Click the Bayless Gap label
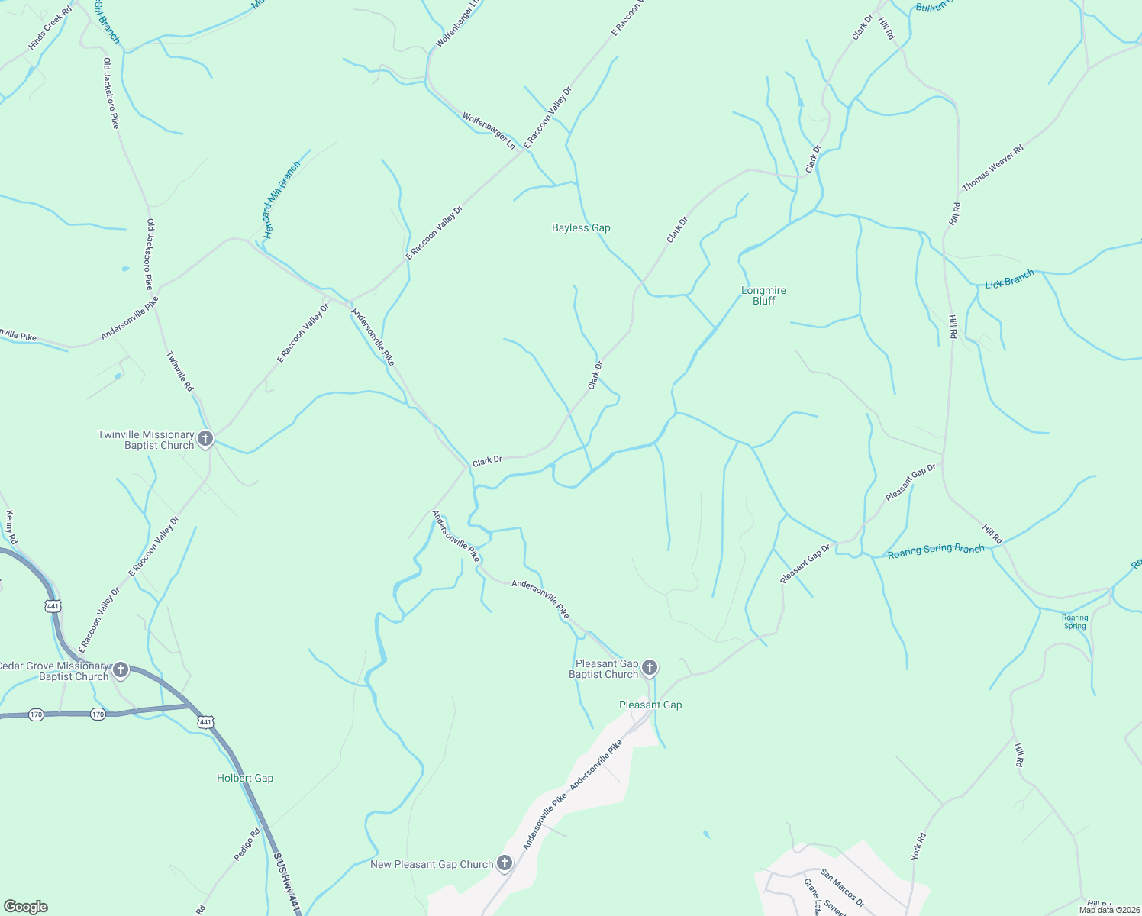click(581, 227)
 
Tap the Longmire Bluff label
click(763, 295)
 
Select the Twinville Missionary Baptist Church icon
click(205, 439)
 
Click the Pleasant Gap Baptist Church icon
click(650, 668)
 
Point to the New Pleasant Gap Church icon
click(504, 863)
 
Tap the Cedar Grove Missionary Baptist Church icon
click(121, 670)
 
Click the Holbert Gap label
click(245, 778)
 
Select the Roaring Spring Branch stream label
click(936, 550)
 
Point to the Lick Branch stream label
click(1009, 280)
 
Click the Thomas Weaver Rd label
click(992, 169)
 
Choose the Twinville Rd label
click(181, 372)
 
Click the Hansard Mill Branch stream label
click(282, 200)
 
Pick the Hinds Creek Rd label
click(50, 30)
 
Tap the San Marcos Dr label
click(842, 888)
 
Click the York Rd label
click(919, 847)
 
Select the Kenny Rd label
click(11, 527)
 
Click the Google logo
click(25, 907)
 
